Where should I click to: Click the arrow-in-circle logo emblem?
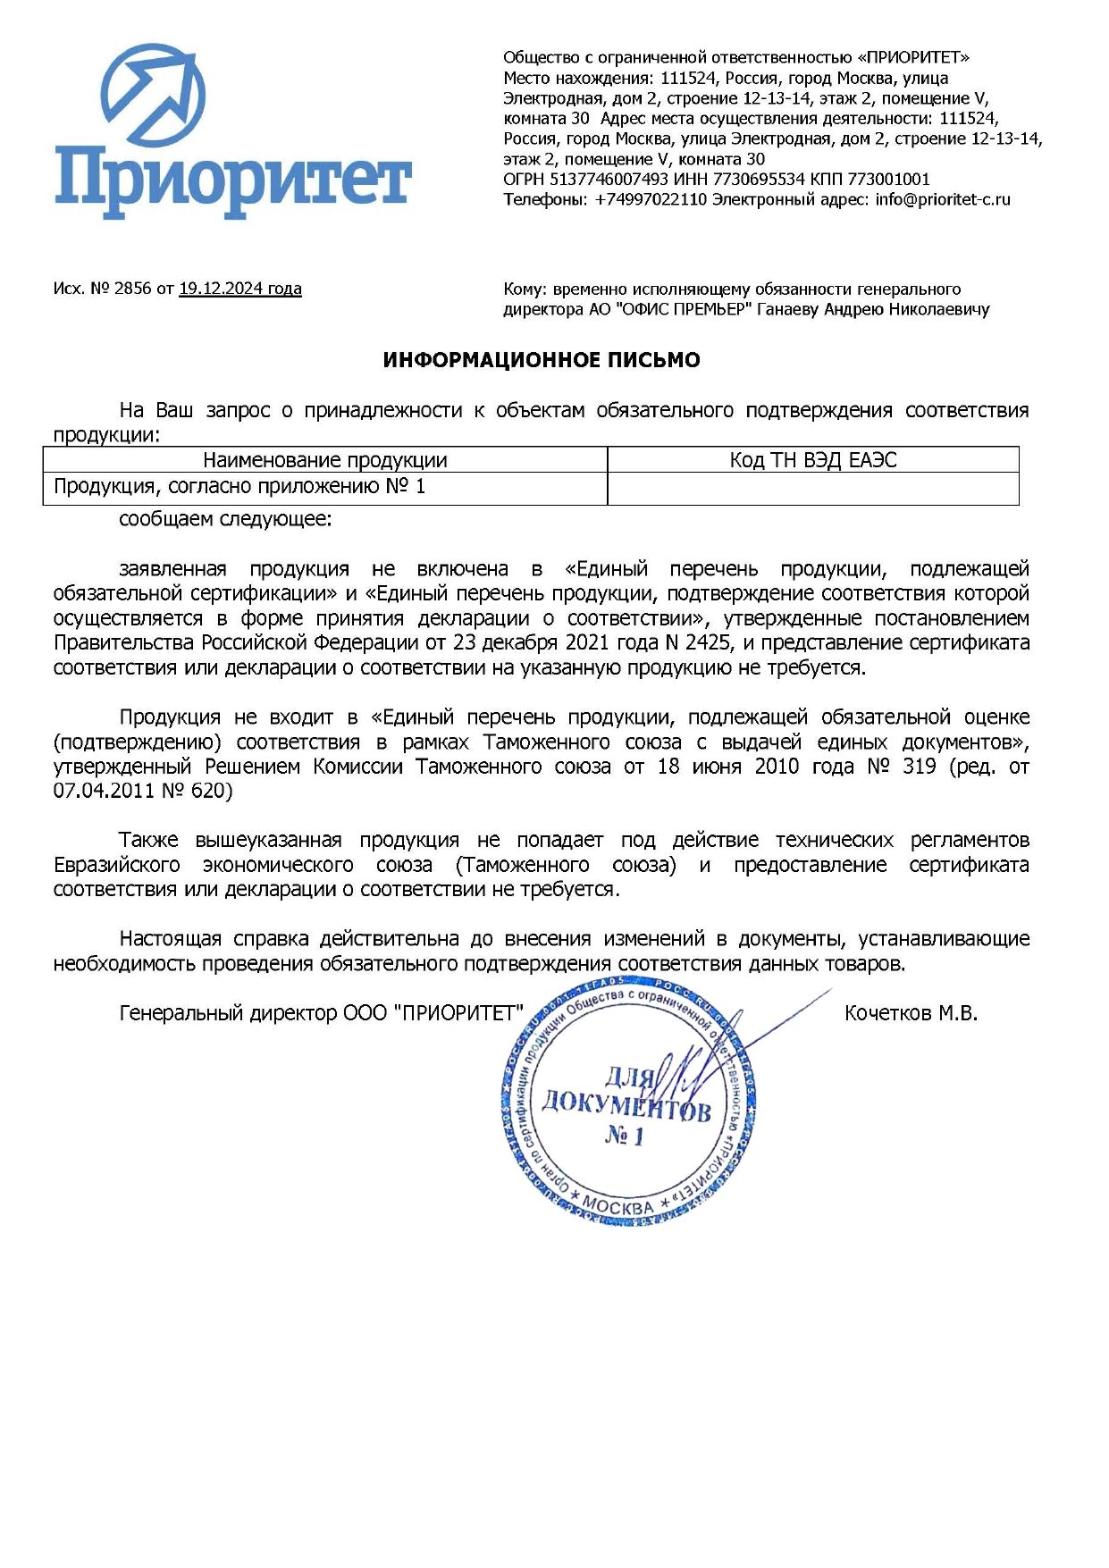tap(153, 96)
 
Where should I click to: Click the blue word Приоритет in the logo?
tap(232, 182)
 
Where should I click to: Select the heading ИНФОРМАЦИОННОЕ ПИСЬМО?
tap(542, 360)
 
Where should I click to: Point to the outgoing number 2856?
tap(132, 289)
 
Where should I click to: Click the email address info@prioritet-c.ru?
tap(943, 199)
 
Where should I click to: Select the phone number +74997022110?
tap(651, 199)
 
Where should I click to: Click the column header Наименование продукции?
tap(325, 460)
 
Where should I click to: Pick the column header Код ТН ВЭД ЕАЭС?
tap(813, 460)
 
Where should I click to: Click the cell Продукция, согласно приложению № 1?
tap(239, 487)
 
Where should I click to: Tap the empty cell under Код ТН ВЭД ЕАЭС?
tap(813, 488)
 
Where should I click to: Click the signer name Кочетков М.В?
tap(911, 1013)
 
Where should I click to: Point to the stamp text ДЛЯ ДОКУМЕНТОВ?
tap(626, 1094)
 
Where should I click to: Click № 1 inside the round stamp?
tap(625, 1136)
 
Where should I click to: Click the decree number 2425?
tap(708, 642)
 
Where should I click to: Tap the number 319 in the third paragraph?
tap(919, 767)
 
